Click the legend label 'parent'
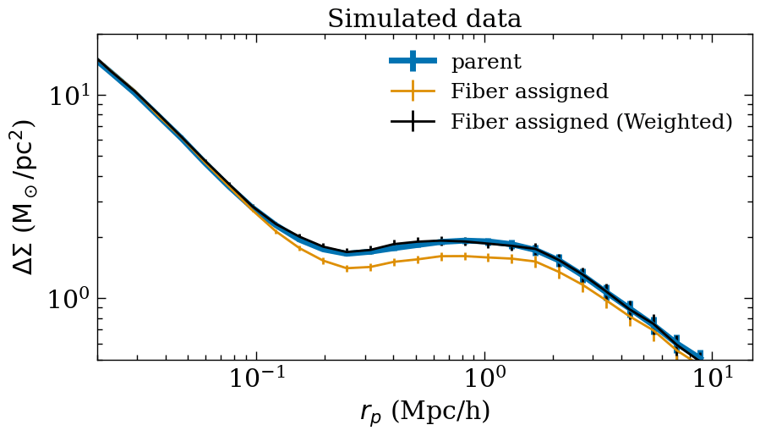coord(486,62)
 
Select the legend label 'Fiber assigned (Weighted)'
coord(591,121)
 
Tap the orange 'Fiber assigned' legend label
coord(529,91)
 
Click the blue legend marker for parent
coord(413,61)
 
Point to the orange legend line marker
coord(413,91)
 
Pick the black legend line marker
coord(413,121)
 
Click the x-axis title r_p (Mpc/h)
coord(424,411)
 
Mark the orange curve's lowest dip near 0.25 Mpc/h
coord(347,268)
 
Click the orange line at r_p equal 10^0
coord(484,257)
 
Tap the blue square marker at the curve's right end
coord(699,356)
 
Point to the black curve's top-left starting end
coord(99,60)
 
